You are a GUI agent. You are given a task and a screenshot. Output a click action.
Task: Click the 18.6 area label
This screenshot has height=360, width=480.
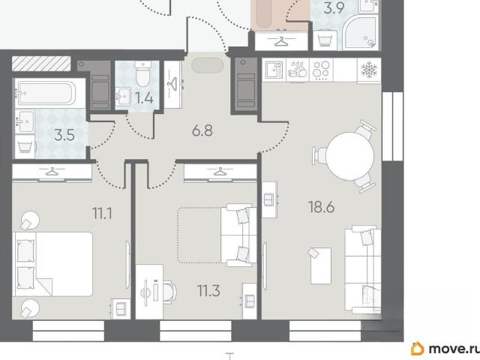point(321,207)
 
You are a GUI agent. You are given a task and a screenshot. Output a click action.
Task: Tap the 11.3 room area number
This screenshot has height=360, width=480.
point(208,291)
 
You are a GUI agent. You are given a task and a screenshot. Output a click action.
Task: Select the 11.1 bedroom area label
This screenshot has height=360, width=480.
point(102,213)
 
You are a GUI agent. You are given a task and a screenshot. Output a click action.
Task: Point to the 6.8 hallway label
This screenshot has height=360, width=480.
point(202,130)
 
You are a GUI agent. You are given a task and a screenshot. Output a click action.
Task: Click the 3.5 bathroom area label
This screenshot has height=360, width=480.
point(64,135)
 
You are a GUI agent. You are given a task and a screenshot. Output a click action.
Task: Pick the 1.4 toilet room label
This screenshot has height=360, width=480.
point(144,98)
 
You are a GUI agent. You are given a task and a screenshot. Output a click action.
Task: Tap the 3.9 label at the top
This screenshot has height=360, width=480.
point(334,8)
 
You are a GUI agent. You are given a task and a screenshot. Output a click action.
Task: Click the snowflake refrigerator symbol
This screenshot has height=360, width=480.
point(369,70)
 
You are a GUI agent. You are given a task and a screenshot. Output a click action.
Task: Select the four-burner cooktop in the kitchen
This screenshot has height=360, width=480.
point(322,70)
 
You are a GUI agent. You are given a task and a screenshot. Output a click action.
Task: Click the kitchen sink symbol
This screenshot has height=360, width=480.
point(274,70)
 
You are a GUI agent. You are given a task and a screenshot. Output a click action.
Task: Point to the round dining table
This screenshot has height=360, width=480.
point(349,156)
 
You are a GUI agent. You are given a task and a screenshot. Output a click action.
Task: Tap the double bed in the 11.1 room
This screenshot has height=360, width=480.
point(52,264)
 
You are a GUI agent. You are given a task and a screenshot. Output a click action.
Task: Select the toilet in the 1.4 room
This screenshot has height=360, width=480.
point(143,73)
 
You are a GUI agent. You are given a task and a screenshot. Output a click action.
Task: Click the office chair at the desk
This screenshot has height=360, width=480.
point(169,292)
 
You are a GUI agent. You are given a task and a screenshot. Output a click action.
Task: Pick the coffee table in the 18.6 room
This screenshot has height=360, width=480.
point(320,265)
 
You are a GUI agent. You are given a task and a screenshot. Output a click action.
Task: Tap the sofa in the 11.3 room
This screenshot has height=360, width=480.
point(238,235)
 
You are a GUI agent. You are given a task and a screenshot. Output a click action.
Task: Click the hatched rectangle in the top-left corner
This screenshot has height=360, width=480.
point(41,63)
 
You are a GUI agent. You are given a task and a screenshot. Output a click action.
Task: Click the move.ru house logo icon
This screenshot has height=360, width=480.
point(418,348)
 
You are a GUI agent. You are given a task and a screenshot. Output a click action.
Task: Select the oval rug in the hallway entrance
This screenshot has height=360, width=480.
point(208,65)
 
